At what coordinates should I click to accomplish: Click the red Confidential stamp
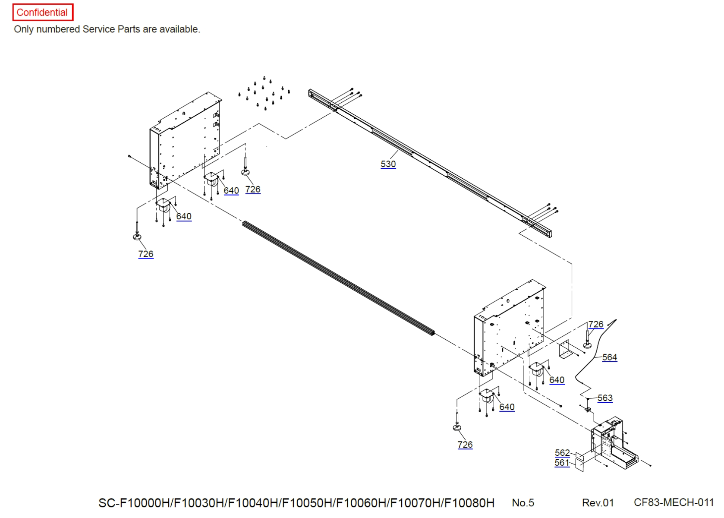pos(42,12)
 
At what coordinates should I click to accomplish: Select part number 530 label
pos(388,164)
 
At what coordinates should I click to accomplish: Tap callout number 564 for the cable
pos(609,357)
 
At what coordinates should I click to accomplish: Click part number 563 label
pos(604,398)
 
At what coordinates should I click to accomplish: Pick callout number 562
pos(562,453)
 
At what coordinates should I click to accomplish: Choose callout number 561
pos(562,463)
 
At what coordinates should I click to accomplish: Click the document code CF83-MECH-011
pos(674,502)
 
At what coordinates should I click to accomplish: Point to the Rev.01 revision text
pos(598,503)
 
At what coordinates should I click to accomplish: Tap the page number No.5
pos(523,503)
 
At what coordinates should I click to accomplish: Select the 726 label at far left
pos(146,254)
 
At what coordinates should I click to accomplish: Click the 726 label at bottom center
pos(465,445)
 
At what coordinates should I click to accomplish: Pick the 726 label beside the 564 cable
pos(595,324)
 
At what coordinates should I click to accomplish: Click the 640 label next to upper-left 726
pos(231,191)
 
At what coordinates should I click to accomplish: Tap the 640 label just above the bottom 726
pos(507,407)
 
